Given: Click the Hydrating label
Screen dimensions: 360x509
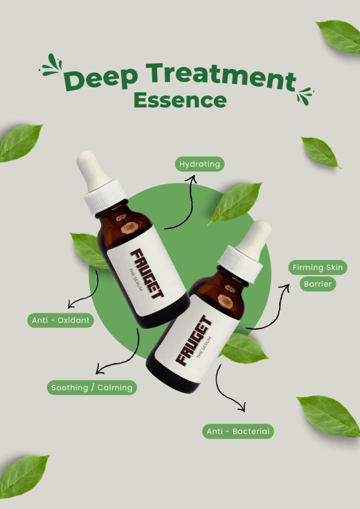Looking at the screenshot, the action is click(x=199, y=164).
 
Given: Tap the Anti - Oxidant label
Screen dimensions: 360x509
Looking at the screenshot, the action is click(x=61, y=320).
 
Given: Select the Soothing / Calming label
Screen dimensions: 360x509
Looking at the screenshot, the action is click(x=92, y=388).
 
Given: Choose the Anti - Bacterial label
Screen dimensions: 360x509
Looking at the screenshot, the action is click(x=238, y=431).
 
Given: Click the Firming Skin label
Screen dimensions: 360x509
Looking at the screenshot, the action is click(x=318, y=267).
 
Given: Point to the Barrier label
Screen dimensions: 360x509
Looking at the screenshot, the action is click(x=318, y=284).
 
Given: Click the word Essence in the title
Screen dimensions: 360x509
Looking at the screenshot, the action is click(x=180, y=99).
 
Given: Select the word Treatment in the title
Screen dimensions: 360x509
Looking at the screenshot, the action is click(x=221, y=77).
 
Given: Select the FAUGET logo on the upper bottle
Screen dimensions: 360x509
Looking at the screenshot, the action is click(x=147, y=274).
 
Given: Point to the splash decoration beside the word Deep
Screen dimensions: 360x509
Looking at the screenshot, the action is click(x=51, y=65).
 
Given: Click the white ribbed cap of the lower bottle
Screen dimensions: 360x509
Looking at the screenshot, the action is click(x=240, y=264).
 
